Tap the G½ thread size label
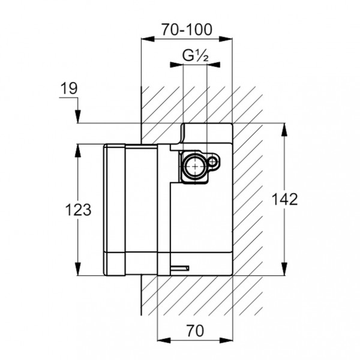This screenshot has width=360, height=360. [x=195, y=56]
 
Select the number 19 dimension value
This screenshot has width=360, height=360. [x=70, y=89]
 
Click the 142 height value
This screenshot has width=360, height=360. [x=284, y=200]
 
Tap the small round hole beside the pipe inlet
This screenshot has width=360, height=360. [x=214, y=161]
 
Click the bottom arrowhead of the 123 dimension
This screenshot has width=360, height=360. [x=78, y=272]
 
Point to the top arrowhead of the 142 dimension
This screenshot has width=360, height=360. [x=284, y=128]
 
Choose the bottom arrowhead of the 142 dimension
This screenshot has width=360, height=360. [x=284, y=272]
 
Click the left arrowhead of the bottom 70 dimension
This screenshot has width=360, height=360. [x=160, y=343]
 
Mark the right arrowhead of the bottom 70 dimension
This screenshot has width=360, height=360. [x=229, y=343]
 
